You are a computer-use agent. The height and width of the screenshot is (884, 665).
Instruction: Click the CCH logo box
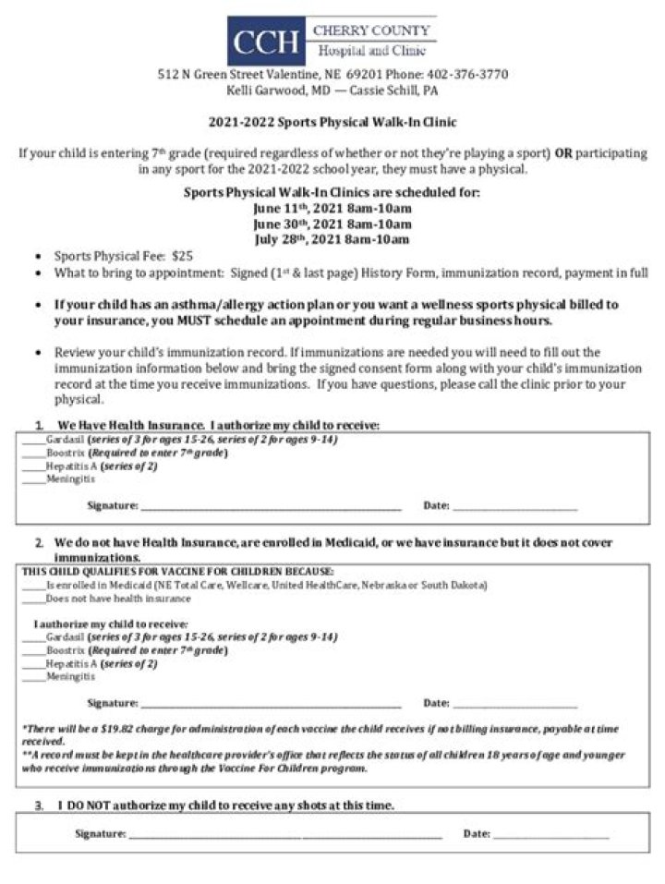click(266, 42)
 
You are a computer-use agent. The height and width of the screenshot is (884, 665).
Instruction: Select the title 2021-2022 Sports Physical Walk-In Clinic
click(332, 122)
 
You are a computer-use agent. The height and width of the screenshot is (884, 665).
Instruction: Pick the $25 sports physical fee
click(183, 256)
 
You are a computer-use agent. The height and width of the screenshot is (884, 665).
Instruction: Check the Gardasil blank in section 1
click(33, 441)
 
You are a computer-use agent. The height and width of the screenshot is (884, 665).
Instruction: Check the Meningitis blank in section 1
click(33, 480)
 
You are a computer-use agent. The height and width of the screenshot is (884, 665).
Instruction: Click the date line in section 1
click(514, 507)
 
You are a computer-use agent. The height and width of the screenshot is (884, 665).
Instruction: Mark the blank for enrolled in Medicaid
click(33, 587)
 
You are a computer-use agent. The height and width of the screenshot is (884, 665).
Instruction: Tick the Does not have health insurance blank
click(33, 599)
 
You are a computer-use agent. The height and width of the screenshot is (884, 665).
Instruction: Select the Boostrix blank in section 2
click(33, 651)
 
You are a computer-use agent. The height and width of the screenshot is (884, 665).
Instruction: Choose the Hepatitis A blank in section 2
click(33, 664)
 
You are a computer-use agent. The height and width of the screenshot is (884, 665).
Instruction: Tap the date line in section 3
click(551, 835)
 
